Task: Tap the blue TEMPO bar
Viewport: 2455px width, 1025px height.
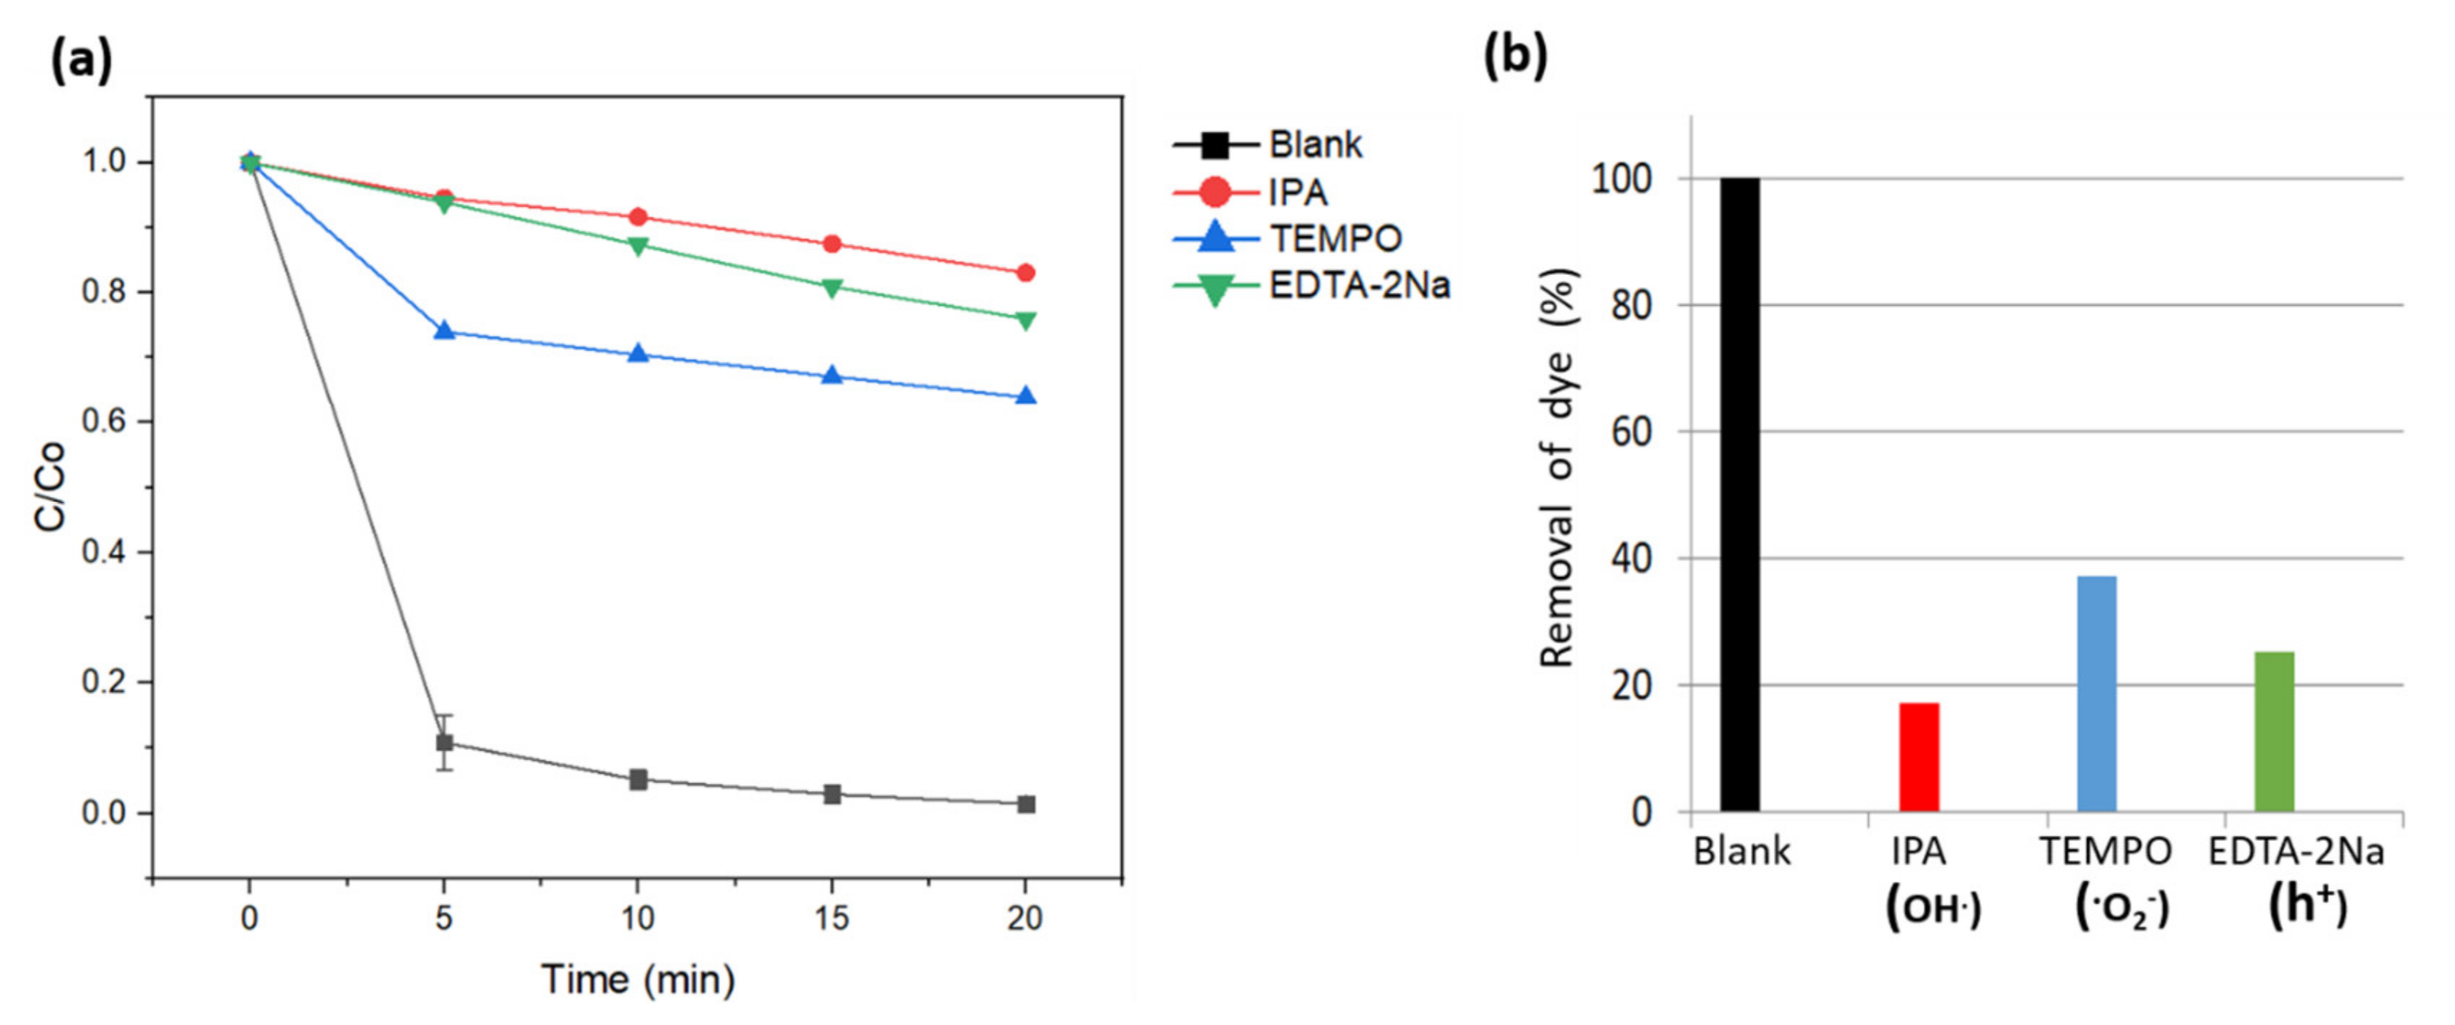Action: click(x=2097, y=693)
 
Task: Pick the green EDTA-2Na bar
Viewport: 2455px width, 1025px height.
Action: click(x=2274, y=731)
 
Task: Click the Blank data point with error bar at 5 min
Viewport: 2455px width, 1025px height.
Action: click(x=444, y=742)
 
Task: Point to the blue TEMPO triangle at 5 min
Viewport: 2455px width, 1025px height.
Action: click(x=444, y=331)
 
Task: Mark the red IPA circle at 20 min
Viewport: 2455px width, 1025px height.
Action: click(x=1025, y=273)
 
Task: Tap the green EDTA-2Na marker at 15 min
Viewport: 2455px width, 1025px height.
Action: click(x=832, y=288)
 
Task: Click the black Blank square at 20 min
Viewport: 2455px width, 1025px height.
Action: click(x=1025, y=804)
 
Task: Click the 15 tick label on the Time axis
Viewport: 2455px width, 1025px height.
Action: click(x=832, y=918)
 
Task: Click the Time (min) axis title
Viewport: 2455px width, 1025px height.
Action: click(x=637, y=979)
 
